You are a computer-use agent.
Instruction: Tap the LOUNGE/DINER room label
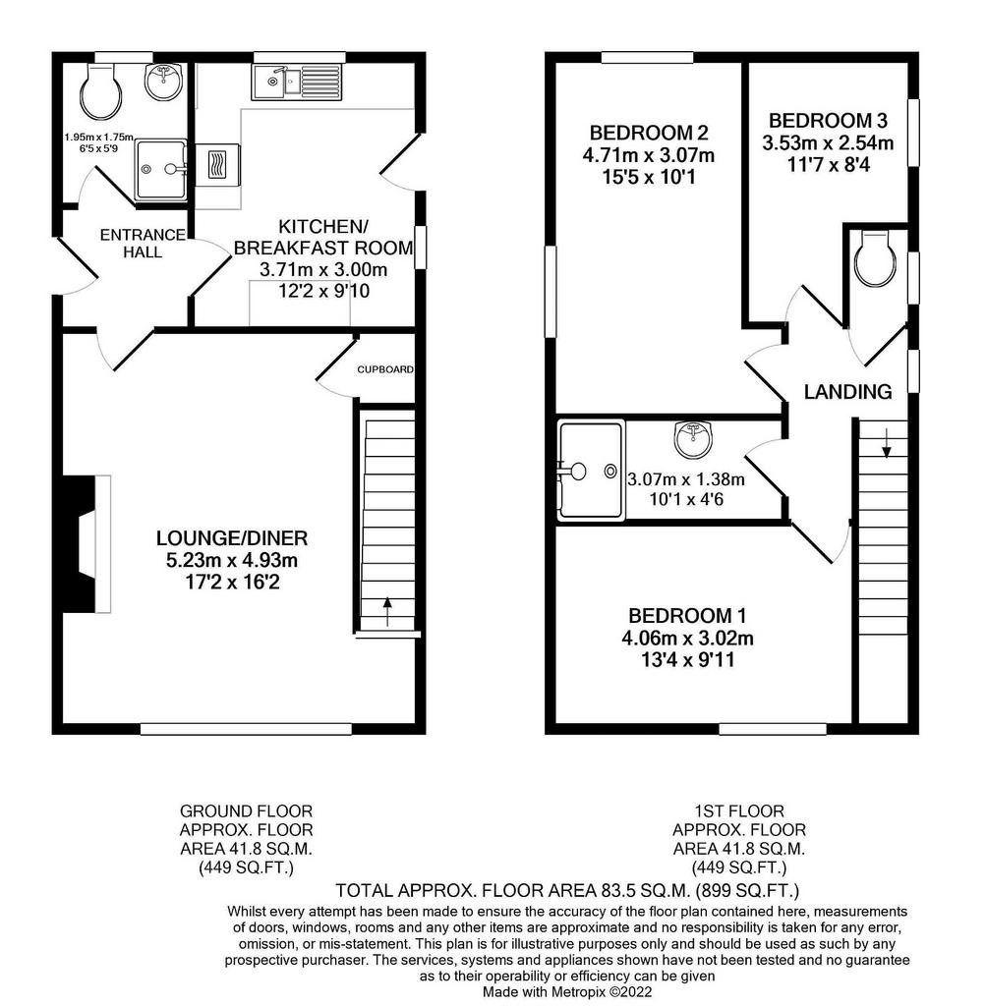click(232, 537)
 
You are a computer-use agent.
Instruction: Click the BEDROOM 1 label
click(688, 616)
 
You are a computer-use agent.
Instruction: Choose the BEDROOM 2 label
click(649, 133)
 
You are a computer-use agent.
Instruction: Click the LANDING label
click(847, 392)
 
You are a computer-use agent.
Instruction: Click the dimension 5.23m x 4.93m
click(232, 560)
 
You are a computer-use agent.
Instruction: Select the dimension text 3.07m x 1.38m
click(686, 479)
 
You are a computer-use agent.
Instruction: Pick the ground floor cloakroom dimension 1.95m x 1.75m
click(97, 139)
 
